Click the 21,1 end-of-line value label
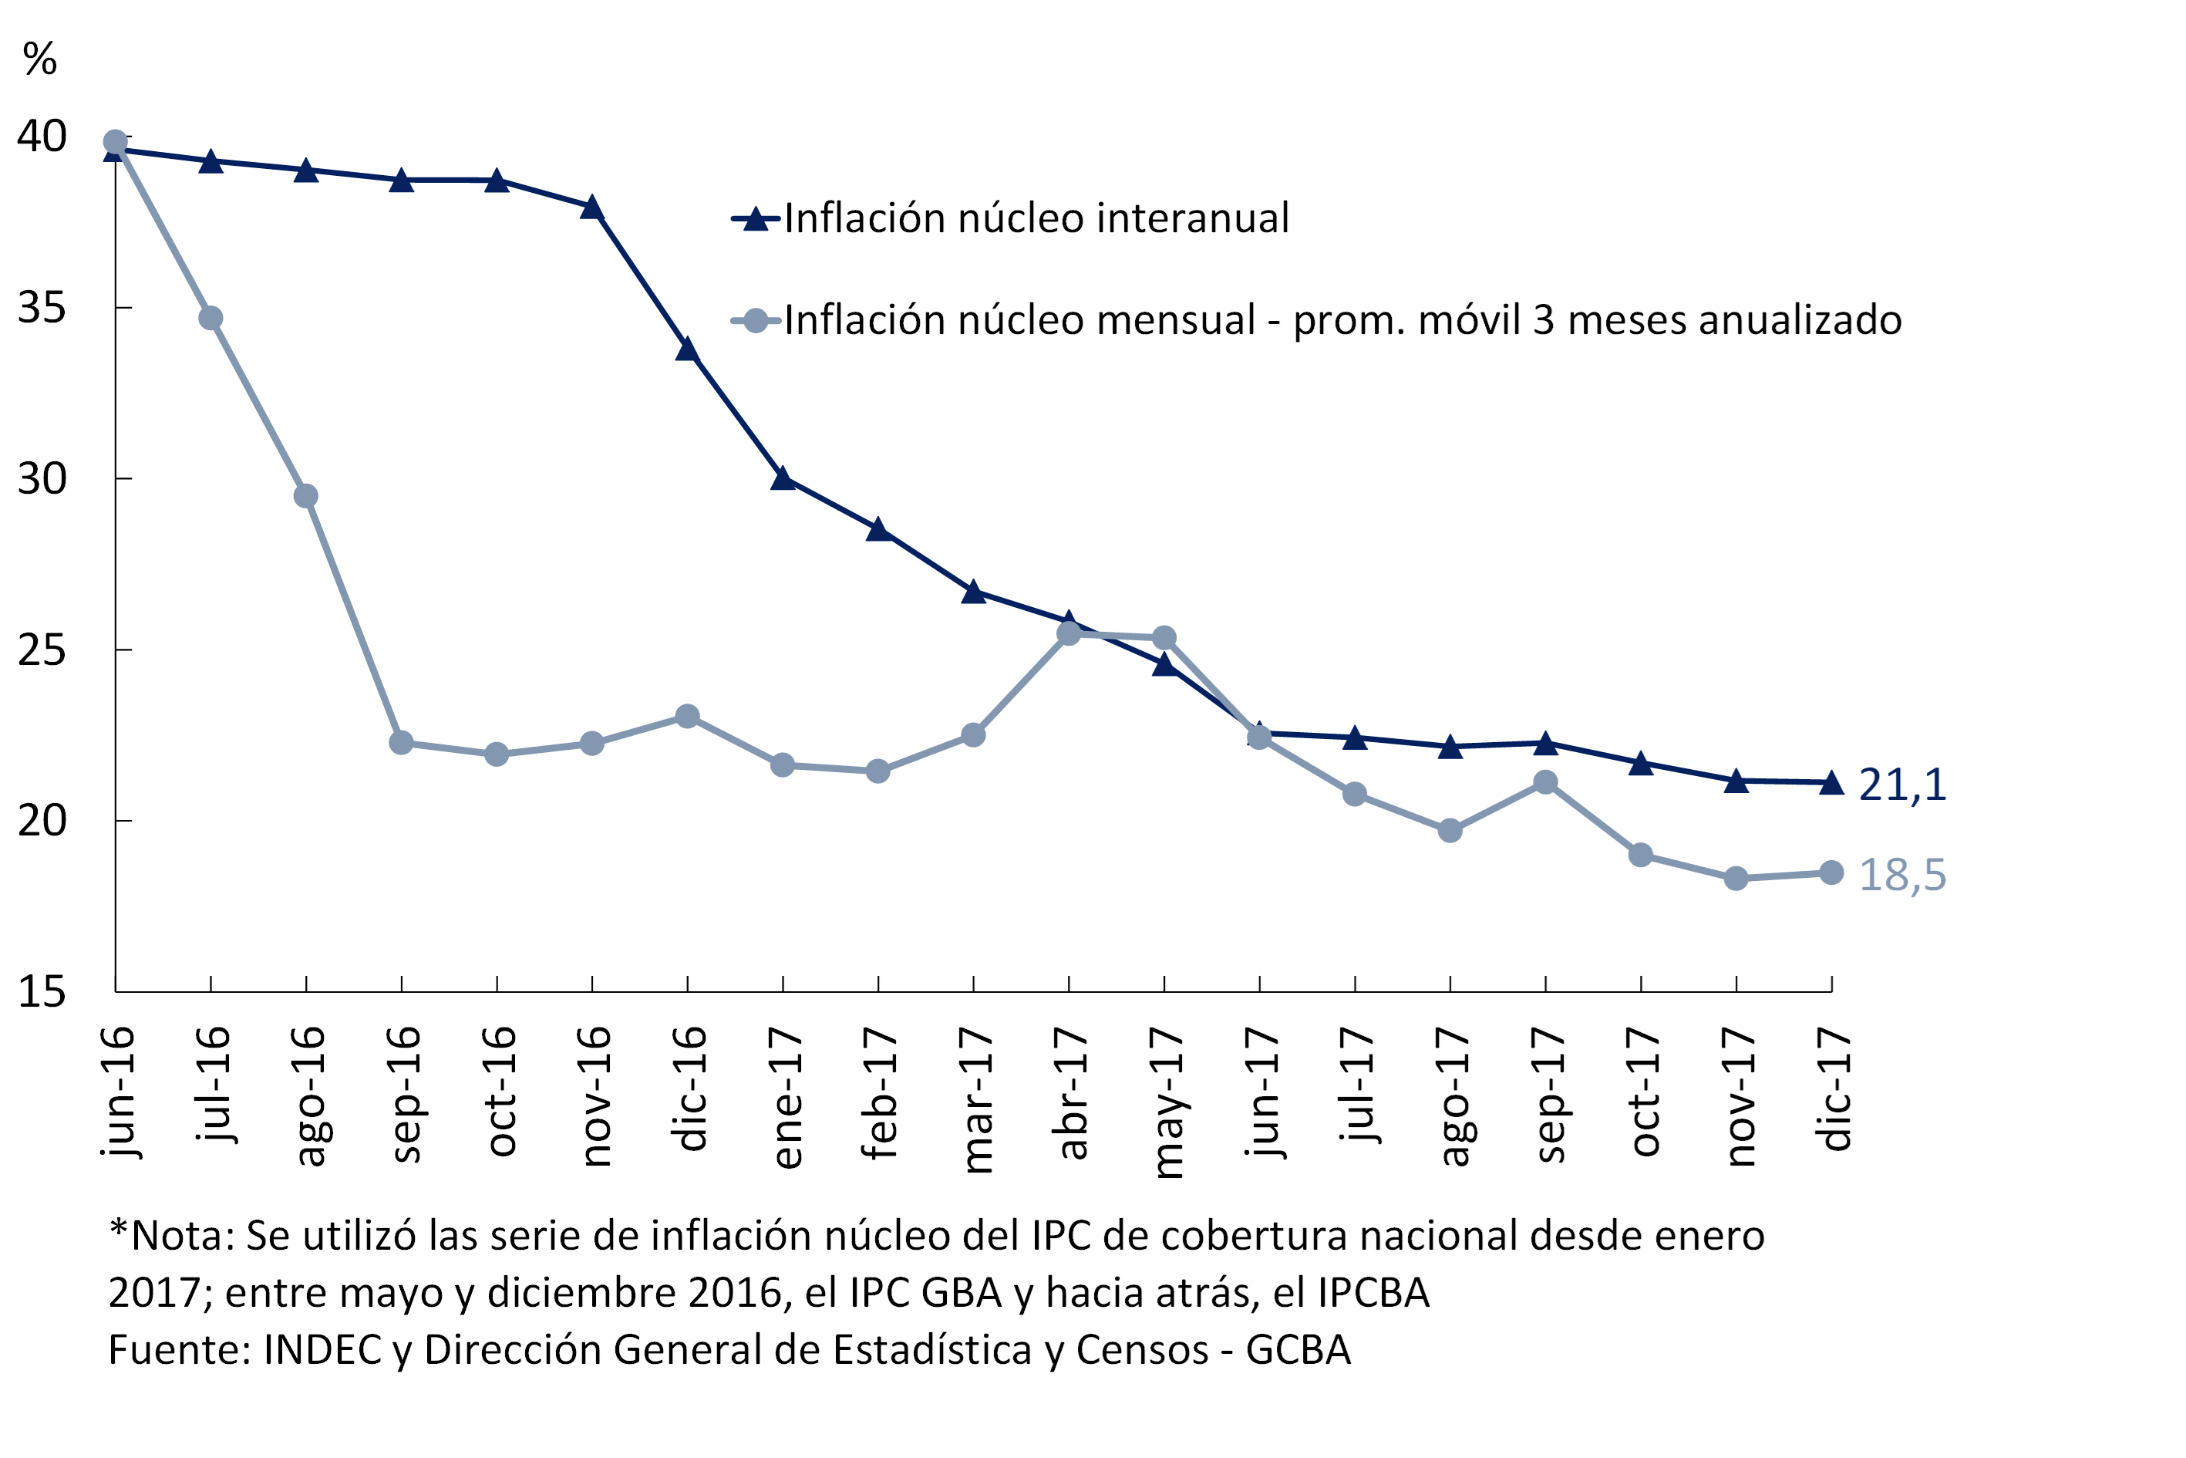point(1901,785)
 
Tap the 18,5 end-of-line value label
point(1901,875)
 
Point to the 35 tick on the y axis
point(42,308)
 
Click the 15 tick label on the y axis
point(42,993)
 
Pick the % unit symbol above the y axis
point(40,60)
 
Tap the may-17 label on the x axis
point(1167,1103)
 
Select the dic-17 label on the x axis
point(1834,1090)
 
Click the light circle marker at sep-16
point(402,743)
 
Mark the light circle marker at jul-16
point(211,318)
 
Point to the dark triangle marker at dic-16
point(688,349)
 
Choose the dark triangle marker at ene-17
point(783,479)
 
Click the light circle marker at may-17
point(1164,638)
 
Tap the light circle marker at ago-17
point(1450,830)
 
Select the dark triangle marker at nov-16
point(592,208)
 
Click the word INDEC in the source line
point(322,1350)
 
